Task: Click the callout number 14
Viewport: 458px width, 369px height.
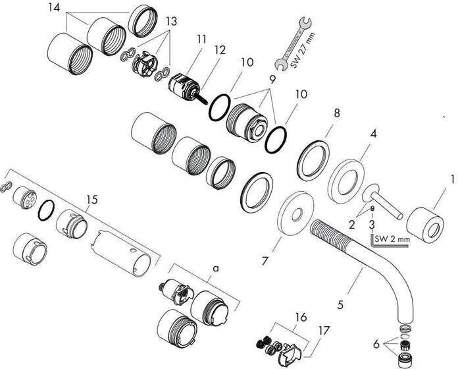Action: coord(54,8)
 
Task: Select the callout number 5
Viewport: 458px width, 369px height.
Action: coord(341,304)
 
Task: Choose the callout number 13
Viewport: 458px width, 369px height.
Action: coord(172,21)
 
